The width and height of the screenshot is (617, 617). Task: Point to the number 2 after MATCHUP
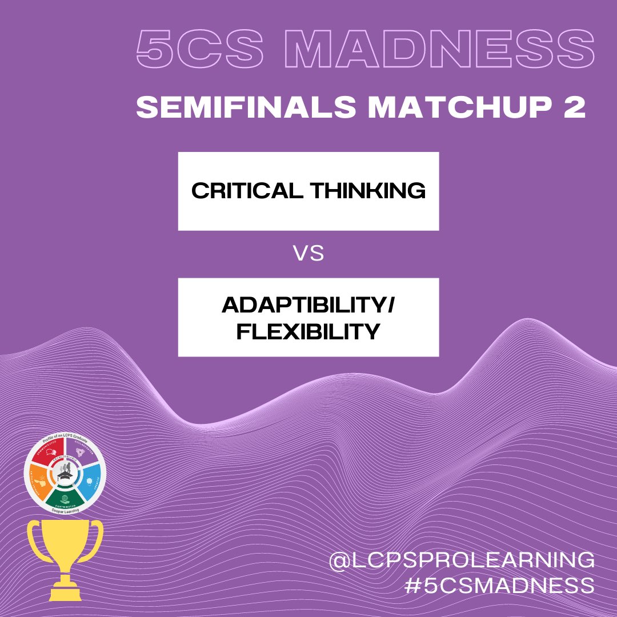point(575,109)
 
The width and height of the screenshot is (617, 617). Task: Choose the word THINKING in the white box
point(372,191)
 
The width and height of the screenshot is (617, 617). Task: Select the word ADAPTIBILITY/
point(308,307)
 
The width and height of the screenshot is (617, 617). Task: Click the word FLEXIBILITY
point(308,331)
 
